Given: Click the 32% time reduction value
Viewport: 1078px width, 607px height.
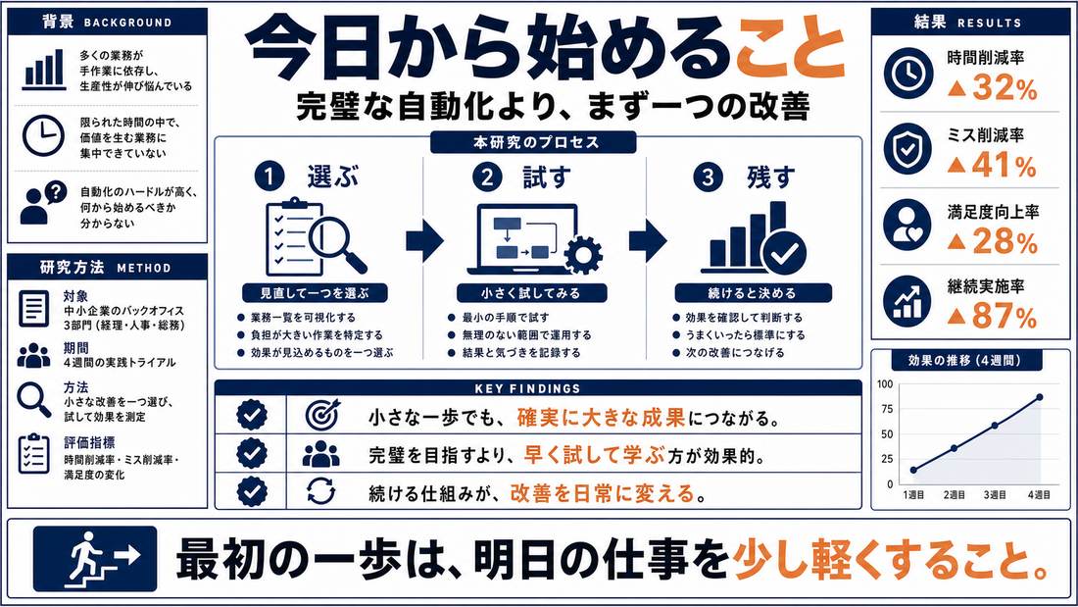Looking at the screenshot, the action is click(x=992, y=89).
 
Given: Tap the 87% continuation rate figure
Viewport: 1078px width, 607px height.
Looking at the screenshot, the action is click(x=992, y=317).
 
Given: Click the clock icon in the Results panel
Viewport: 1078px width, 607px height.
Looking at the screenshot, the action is click(x=907, y=73).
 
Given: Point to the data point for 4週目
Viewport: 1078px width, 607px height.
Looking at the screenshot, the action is click(x=1039, y=397).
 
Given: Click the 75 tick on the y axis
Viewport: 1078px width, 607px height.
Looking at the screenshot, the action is click(x=886, y=409).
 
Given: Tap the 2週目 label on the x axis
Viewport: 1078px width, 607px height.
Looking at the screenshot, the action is click(x=955, y=495).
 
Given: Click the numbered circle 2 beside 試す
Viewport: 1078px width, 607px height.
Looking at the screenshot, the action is click(x=487, y=177).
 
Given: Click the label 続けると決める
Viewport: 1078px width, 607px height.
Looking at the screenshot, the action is click(x=752, y=293).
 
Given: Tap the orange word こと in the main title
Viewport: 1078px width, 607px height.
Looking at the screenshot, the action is click(x=791, y=49).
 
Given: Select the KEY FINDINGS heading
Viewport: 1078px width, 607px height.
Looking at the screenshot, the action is click(x=527, y=389).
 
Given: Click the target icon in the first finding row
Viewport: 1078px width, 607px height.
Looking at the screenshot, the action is click(x=321, y=415).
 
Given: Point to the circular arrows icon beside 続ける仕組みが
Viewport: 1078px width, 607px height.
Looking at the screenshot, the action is click(x=321, y=491).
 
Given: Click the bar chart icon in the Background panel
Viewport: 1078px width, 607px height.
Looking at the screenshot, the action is click(x=44, y=70).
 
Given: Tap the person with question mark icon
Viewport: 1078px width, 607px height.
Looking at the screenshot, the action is click(x=43, y=203).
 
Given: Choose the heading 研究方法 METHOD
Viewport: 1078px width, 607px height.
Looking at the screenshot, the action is click(x=106, y=268).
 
